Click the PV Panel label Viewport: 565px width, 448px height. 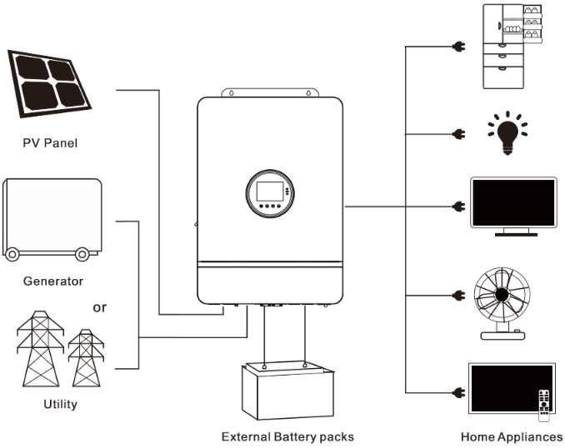[x=50, y=143]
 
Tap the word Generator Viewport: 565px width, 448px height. [x=53, y=281]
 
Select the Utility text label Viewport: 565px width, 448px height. [x=60, y=404]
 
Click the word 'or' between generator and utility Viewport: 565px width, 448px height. [x=99, y=307]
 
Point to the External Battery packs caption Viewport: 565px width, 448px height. [x=287, y=437]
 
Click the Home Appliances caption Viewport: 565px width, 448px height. [x=512, y=437]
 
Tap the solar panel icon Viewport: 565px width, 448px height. [x=48, y=83]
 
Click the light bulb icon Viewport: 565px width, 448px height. [x=507, y=133]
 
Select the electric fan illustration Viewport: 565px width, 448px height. [x=502, y=303]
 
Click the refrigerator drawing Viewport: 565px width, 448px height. [x=512, y=46]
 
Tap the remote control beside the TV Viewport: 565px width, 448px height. [x=544, y=406]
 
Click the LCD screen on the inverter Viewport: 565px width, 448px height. [x=269, y=192]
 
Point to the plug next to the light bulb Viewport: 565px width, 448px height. [x=458, y=134]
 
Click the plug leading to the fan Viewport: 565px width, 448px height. [x=458, y=296]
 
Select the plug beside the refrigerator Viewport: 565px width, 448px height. [x=458, y=47]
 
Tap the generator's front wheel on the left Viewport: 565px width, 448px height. [x=12, y=254]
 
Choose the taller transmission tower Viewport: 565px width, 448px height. [x=40, y=349]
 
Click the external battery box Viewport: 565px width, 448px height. [x=287, y=391]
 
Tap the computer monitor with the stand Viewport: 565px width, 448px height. [x=513, y=206]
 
